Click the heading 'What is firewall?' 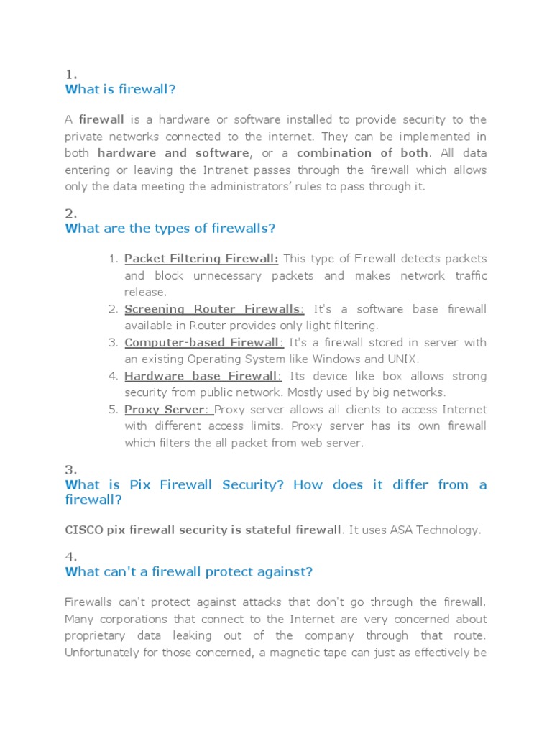coord(120,89)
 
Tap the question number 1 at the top coord(70,74)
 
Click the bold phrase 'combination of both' coord(362,153)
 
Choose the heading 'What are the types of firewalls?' coord(170,229)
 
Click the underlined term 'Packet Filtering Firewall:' coord(201,259)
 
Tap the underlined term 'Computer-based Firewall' coord(203,343)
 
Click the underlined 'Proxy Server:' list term coord(168,410)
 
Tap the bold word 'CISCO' coord(84,530)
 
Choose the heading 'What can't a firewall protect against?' coord(189,572)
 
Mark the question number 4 coord(70,557)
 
